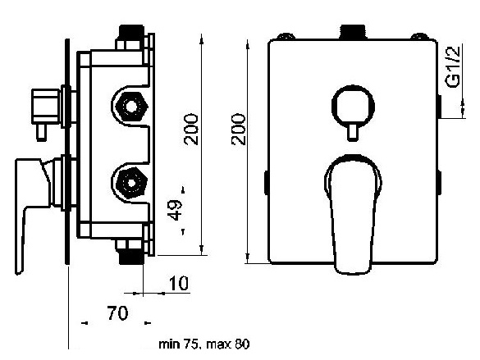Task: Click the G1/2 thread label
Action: (454, 66)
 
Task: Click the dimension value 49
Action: (176, 210)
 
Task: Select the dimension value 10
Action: (179, 283)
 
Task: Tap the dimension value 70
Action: (117, 313)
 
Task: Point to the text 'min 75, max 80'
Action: (204, 344)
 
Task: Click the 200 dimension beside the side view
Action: (191, 129)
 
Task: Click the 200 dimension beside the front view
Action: (239, 129)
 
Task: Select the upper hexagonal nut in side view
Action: (131, 107)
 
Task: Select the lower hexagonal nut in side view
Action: (131, 183)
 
